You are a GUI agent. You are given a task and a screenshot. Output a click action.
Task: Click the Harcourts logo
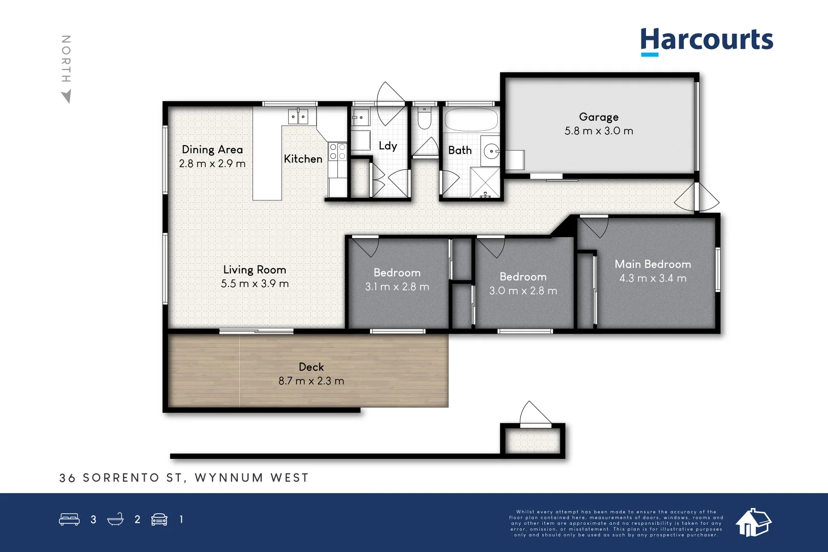tap(706, 41)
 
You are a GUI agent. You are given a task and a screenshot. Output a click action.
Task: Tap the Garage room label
tap(599, 117)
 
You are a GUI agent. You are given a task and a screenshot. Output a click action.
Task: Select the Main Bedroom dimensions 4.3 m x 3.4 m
tap(653, 278)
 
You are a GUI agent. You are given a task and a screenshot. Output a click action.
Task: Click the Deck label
tap(311, 367)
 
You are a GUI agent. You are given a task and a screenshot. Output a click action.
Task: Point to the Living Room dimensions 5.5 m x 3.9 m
tap(255, 284)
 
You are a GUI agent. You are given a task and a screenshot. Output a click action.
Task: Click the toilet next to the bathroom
tap(424, 118)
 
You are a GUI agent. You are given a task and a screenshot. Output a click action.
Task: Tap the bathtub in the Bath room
tap(471, 119)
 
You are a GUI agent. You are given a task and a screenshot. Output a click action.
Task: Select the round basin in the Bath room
tap(491, 151)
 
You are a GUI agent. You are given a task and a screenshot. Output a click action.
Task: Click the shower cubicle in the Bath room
tap(485, 182)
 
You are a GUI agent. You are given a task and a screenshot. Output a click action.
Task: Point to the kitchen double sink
tap(298, 116)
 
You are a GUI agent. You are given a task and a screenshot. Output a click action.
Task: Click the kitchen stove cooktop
tap(338, 152)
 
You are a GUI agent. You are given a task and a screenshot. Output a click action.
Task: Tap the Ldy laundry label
tap(388, 146)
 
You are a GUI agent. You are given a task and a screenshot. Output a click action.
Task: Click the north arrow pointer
tap(66, 96)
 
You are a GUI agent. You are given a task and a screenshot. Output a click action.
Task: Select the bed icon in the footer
tap(69, 519)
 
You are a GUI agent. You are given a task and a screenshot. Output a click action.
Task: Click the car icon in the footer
tap(159, 519)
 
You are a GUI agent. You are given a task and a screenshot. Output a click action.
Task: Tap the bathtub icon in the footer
tap(116, 519)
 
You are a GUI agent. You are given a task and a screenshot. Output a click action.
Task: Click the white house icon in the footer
tap(753, 522)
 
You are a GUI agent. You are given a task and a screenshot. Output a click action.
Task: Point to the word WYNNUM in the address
tap(229, 478)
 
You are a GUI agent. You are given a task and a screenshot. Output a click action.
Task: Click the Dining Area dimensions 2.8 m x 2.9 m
tap(212, 164)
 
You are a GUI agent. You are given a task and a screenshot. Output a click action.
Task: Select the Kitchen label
tap(303, 159)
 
